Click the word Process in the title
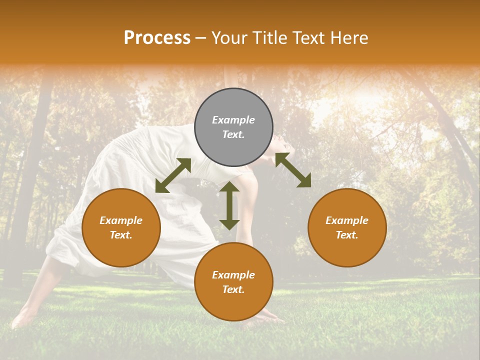point(157,38)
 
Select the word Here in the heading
point(348,38)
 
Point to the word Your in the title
point(229,38)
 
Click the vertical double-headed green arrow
point(229,205)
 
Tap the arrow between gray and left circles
point(173,175)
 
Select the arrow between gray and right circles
point(293,170)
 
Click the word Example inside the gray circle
point(233,120)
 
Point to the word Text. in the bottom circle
point(233,289)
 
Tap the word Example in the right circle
point(347,220)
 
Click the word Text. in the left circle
point(121,235)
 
